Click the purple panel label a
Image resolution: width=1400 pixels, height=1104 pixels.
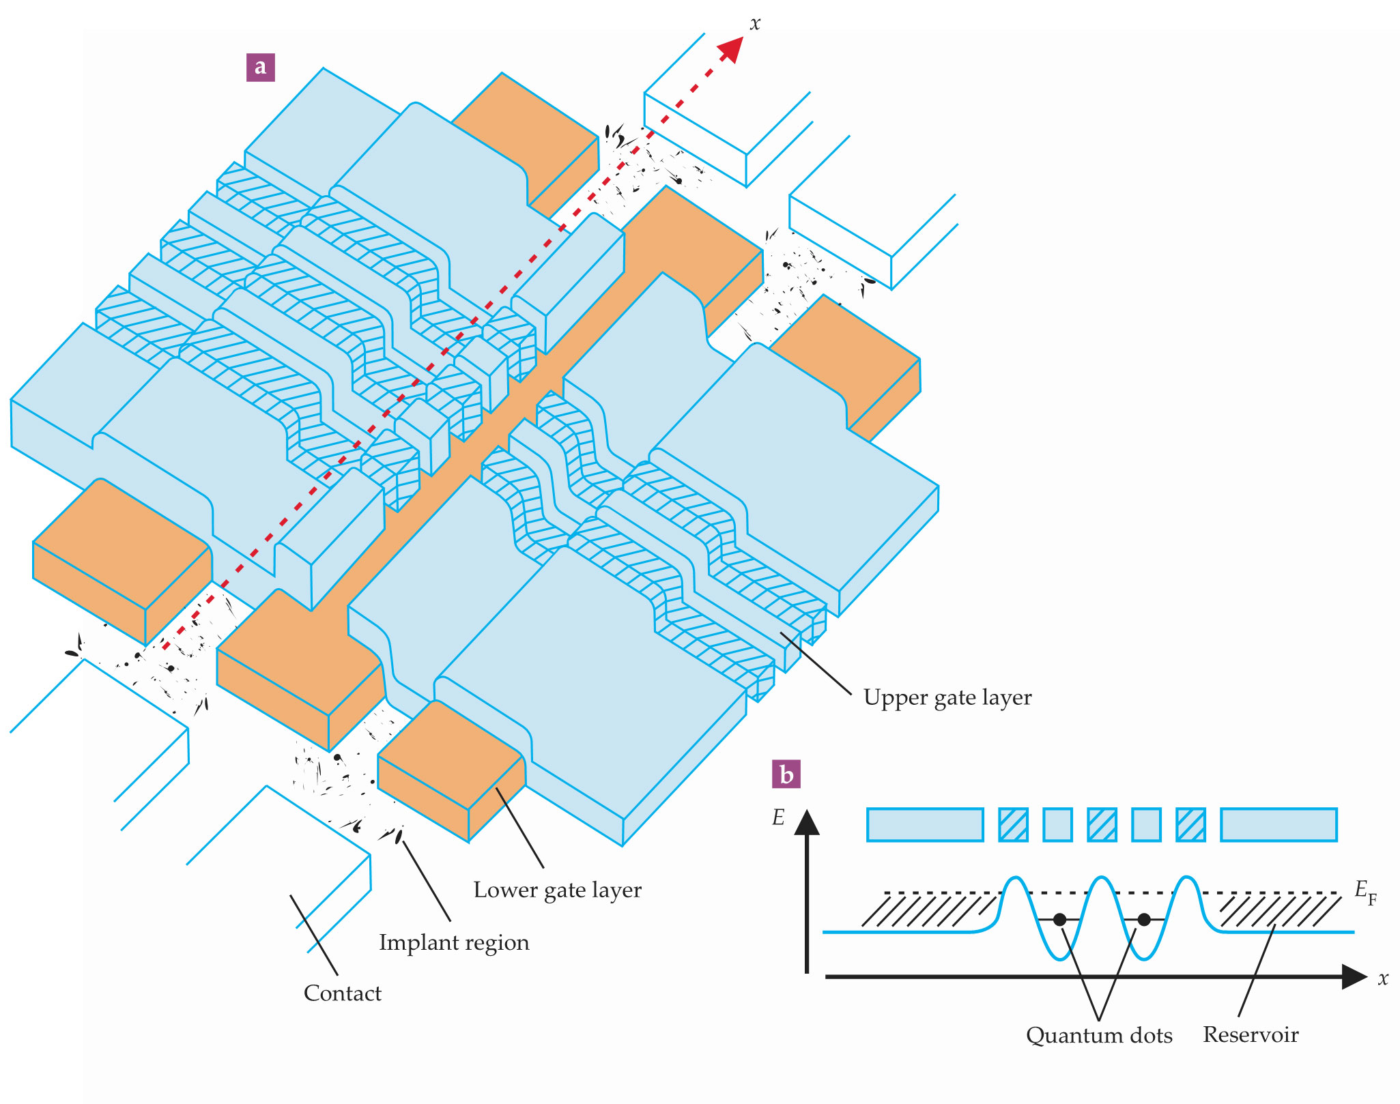coord(260,67)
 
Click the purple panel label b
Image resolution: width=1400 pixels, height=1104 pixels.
coord(786,774)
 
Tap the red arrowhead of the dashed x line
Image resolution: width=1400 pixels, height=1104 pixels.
coord(731,49)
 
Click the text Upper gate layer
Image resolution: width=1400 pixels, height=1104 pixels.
coord(947,697)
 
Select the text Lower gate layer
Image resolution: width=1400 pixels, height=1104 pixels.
coord(557,890)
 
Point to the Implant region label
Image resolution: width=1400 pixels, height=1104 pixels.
coord(454,942)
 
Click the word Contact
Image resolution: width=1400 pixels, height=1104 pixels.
coord(342,993)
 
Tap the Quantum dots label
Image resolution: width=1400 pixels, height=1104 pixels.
coord(1098,1035)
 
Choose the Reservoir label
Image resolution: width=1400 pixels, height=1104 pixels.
coord(1250,1034)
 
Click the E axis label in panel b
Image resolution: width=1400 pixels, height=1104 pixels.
coord(778,817)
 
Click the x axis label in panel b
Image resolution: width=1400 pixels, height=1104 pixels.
coord(1383,979)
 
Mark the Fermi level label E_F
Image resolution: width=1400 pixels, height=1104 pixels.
coord(1365,891)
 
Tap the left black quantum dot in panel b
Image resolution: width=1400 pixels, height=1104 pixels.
coord(1059,920)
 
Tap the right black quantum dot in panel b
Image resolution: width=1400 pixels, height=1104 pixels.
coord(1144,920)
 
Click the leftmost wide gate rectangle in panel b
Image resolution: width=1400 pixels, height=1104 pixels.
coord(925,824)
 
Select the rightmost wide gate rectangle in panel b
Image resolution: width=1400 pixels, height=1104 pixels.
coord(1278,824)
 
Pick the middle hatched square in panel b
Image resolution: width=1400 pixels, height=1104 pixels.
coord(1102,824)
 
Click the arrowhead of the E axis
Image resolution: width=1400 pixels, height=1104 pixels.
coord(807,822)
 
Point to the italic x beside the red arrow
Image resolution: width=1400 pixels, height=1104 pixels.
coord(754,25)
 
